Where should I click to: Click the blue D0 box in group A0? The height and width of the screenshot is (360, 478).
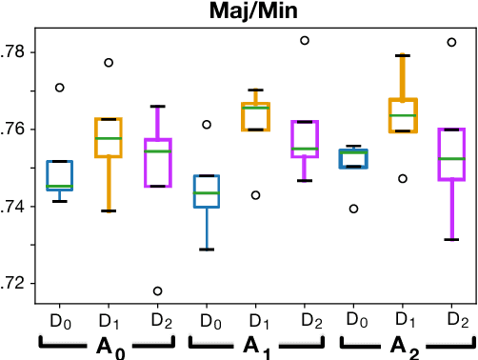click(x=60, y=175)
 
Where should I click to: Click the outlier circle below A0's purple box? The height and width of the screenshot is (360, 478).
click(x=157, y=290)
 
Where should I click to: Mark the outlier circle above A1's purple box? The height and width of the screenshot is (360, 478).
click(x=305, y=40)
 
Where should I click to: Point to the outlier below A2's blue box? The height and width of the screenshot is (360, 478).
click(x=354, y=209)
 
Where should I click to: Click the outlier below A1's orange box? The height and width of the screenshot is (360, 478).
click(x=254, y=194)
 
